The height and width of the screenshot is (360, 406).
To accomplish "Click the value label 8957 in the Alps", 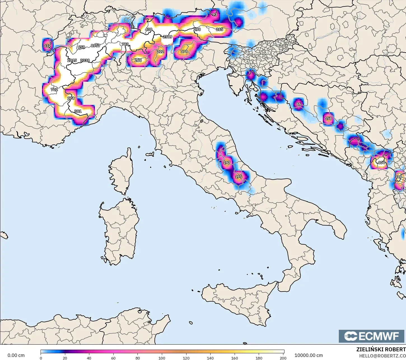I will point(95,46).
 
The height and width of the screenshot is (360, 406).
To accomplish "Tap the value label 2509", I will point(168,37).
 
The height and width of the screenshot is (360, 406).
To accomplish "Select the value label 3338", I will point(85,60).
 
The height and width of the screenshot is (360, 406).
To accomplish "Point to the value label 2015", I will point(72,60).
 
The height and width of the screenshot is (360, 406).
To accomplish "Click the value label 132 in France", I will point(47,46).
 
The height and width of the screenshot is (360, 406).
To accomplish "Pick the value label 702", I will point(54,90).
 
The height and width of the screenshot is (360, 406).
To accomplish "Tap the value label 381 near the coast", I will point(78,111).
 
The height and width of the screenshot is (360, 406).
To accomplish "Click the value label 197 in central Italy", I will point(227,163).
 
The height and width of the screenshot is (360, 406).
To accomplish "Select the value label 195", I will point(238,177).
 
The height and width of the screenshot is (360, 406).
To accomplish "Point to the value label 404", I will point(381,163).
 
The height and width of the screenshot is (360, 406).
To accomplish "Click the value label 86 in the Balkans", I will point(299,104).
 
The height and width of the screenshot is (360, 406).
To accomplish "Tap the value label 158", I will point(328,118).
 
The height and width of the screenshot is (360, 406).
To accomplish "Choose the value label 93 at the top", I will point(215,15).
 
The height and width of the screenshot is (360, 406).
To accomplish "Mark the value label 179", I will point(184,51).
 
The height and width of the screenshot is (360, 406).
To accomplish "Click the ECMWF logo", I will point(372,336).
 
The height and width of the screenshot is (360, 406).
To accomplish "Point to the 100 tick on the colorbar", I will point(162,358).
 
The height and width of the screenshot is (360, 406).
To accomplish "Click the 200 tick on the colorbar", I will point(283,358).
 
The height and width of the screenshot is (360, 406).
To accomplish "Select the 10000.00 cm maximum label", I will point(309,355).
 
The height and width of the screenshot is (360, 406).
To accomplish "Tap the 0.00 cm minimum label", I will point(16,355).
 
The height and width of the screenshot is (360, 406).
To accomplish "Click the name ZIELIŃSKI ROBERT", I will point(381,349).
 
